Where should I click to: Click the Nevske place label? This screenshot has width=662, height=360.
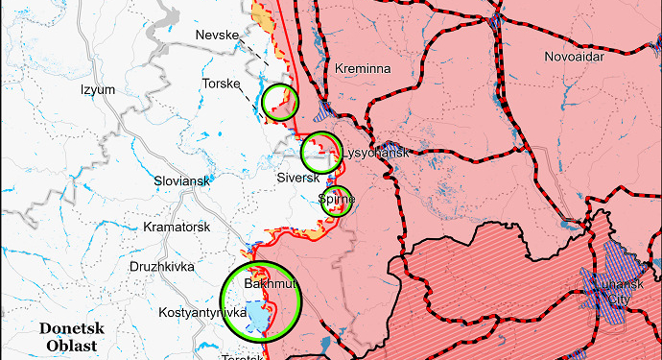(x=216, y=36)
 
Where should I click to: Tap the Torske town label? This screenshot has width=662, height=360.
(x=221, y=84)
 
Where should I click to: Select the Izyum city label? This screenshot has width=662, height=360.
(x=98, y=90)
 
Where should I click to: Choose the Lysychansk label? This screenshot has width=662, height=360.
(x=375, y=154)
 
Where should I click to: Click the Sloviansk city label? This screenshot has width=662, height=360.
(x=181, y=180)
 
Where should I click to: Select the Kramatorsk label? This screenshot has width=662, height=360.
(x=177, y=227)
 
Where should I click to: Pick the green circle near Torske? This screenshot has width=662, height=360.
(x=280, y=101)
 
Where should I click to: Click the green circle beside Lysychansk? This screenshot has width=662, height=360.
(x=321, y=153)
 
